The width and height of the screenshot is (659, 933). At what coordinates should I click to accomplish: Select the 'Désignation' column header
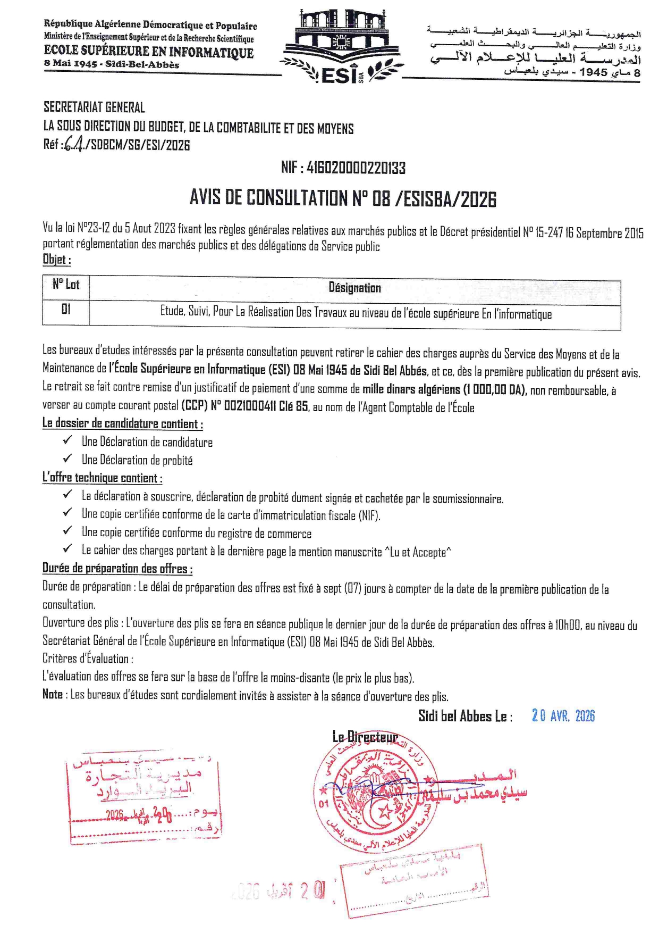coord(354,288)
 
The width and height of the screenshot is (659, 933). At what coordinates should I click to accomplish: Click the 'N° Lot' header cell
coord(66,285)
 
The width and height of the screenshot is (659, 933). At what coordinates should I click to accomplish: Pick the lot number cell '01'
coord(66,309)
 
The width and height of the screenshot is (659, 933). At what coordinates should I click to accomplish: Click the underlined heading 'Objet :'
coord(56,260)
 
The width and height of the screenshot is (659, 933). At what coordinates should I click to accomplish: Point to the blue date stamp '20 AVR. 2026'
coord(563,715)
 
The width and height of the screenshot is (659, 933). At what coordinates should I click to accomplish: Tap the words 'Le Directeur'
coord(365,737)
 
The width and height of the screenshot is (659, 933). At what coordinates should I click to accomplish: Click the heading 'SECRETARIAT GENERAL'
coord(94,107)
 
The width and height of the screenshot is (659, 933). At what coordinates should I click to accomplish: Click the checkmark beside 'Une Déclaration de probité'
coord(67,459)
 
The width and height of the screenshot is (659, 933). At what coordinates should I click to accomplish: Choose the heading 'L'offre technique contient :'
coord(102,478)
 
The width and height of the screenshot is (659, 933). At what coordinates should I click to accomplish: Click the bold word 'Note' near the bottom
coord(53,694)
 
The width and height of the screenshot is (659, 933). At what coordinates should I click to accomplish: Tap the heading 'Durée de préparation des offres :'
coord(117,569)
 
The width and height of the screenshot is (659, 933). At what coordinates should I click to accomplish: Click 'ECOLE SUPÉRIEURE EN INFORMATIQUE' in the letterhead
coord(149,52)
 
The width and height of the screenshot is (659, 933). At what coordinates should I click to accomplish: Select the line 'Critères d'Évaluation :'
coord(88,659)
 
